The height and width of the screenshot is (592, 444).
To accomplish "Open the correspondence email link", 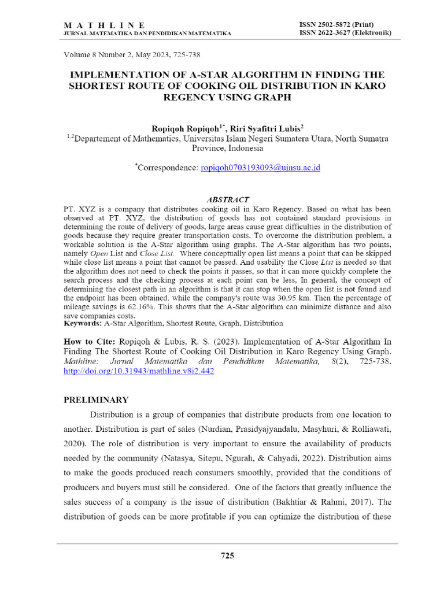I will pos(260,168).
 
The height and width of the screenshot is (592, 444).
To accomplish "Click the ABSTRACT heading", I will pos(227,199).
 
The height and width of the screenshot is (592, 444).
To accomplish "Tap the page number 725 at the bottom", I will pos(227,556).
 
